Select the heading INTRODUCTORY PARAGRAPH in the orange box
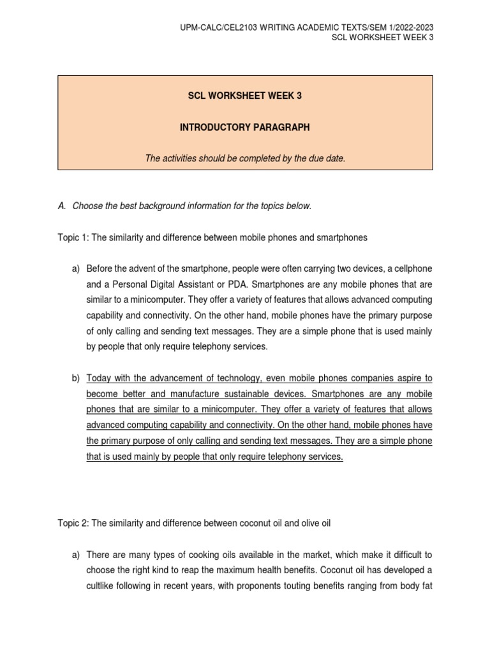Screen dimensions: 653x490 click(245, 128)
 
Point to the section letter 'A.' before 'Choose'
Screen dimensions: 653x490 click(62, 206)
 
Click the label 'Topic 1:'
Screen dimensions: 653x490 click(73, 237)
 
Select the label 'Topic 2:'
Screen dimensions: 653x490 click(73, 523)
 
